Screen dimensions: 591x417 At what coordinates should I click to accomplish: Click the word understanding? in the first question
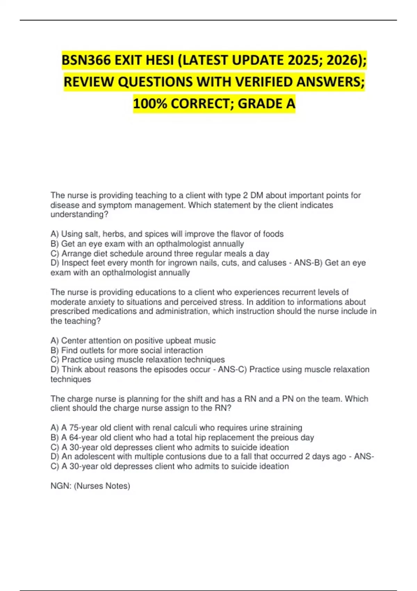[79, 214]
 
